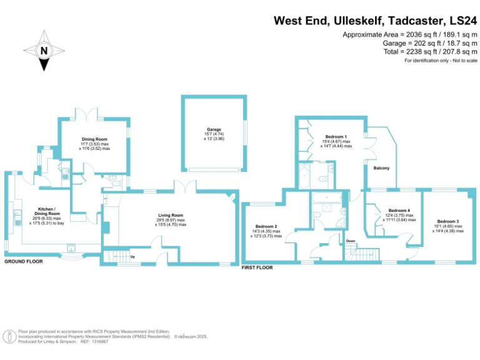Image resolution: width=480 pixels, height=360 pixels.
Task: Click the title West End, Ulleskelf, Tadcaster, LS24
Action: click(x=375, y=20)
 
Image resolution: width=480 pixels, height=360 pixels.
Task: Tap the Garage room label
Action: click(x=214, y=130)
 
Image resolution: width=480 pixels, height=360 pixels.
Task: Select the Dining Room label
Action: click(x=94, y=140)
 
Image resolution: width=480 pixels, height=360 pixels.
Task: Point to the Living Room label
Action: click(x=170, y=216)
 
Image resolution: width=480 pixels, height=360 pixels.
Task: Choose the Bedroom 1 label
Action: click(x=337, y=136)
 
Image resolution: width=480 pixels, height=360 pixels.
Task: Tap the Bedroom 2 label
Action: click(x=266, y=226)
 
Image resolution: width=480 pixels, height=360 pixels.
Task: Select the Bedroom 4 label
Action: click(x=399, y=211)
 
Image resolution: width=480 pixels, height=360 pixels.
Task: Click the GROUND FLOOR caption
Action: click(x=24, y=262)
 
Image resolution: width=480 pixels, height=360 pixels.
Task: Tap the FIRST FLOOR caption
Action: click(x=257, y=267)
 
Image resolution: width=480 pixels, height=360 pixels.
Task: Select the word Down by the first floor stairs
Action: click(x=351, y=241)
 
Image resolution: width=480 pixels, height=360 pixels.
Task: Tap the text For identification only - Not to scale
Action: click(x=441, y=61)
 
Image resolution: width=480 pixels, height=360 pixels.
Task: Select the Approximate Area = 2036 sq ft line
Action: click(x=409, y=34)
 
